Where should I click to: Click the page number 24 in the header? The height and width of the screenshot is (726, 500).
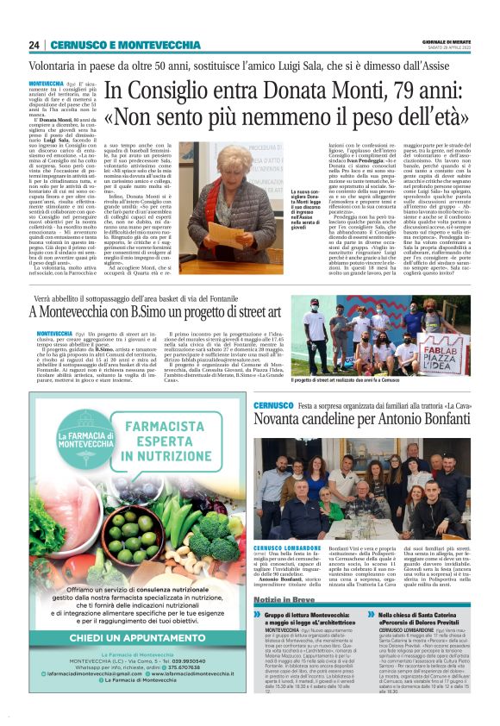(x=34, y=45)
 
